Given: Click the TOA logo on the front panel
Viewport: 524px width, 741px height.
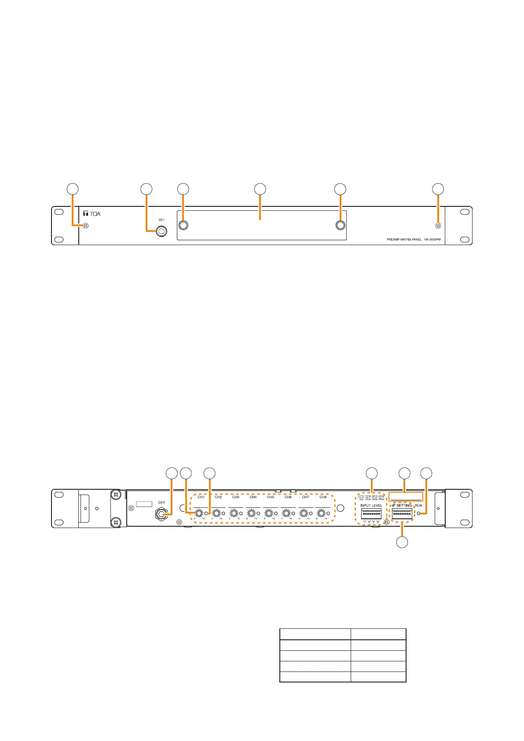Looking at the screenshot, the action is [92, 214].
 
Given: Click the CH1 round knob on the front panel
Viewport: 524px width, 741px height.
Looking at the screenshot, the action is [162, 231].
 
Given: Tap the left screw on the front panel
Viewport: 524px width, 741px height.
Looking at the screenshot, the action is [86, 226].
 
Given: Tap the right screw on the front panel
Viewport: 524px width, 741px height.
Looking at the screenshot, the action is [438, 226].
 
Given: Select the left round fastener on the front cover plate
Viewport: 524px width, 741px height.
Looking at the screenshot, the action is [183, 225].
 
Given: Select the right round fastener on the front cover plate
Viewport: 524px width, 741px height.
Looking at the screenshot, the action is [340, 225].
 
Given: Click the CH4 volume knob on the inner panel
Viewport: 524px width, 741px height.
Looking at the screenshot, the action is [251, 513].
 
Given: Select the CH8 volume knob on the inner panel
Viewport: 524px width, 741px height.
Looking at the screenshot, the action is [321, 513].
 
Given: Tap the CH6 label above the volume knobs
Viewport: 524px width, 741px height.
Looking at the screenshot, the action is [288, 497].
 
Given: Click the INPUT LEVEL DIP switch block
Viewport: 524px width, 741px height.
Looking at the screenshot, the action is [371, 514].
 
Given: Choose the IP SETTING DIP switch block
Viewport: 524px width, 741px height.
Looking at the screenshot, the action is [402, 514].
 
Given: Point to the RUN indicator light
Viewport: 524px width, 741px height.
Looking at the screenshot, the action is [418, 514].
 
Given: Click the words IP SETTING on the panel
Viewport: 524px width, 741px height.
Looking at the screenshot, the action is [402, 506].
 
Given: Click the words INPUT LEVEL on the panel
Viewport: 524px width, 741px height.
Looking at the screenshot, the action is [371, 506].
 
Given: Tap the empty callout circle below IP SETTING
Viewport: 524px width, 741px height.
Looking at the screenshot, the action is [402, 542].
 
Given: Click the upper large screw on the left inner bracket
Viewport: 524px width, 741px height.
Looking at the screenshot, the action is [115, 495].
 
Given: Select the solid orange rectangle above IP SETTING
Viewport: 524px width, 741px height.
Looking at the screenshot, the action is [406, 497].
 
